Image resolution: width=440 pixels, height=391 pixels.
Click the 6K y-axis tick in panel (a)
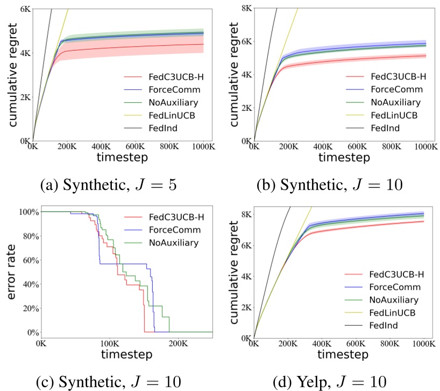24,9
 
